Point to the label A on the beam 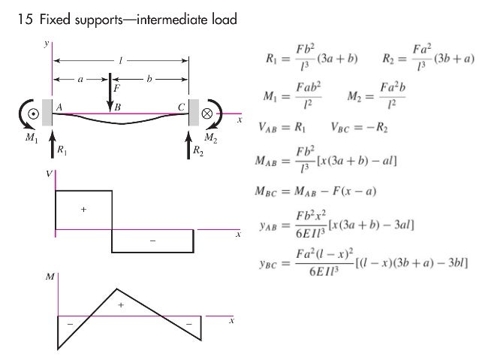pyautogui.click(x=59, y=107)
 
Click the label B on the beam pyautogui.click(x=117, y=107)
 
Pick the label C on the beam pyautogui.click(x=181, y=107)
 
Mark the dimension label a pyautogui.click(x=81, y=77)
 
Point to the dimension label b pyautogui.click(x=149, y=77)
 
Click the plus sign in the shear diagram pyautogui.click(x=83, y=210)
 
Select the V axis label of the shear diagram pyautogui.click(x=50, y=174)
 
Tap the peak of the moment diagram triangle pyautogui.click(x=115, y=289)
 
